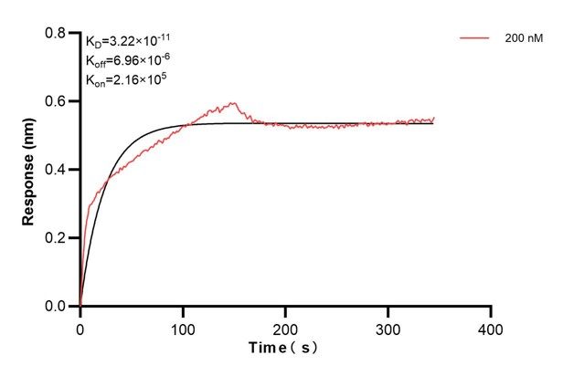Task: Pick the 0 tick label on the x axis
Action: click(80, 326)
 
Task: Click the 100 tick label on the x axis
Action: click(183, 326)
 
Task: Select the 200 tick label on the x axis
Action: click(286, 326)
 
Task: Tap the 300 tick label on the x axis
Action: click(388, 326)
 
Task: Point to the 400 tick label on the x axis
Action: click(492, 326)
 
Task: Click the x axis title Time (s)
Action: click(285, 349)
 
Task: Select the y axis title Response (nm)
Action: click(28, 170)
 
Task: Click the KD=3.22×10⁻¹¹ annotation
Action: click(127, 41)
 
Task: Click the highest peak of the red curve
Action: click(233, 103)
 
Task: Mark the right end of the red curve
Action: click(433, 118)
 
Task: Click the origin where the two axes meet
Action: click(80, 307)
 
